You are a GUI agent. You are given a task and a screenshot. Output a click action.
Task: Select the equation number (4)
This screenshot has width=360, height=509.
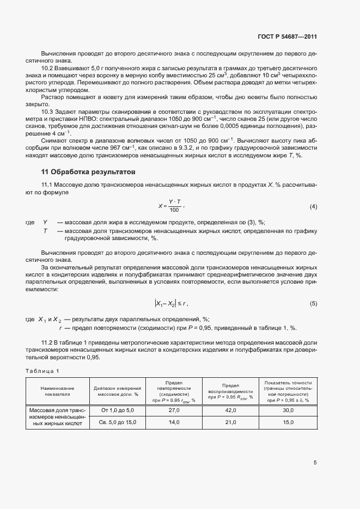(313, 206)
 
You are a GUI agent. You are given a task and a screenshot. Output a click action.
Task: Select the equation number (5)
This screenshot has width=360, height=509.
(313, 303)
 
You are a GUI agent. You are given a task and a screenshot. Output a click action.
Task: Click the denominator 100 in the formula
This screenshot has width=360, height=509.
(174, 210)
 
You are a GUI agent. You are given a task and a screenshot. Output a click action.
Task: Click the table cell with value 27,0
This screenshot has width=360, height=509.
(175, 410)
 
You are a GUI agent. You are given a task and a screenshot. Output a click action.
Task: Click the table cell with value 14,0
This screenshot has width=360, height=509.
(175, 422)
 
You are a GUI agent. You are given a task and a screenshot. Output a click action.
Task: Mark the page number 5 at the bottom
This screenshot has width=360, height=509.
(315, 463)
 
